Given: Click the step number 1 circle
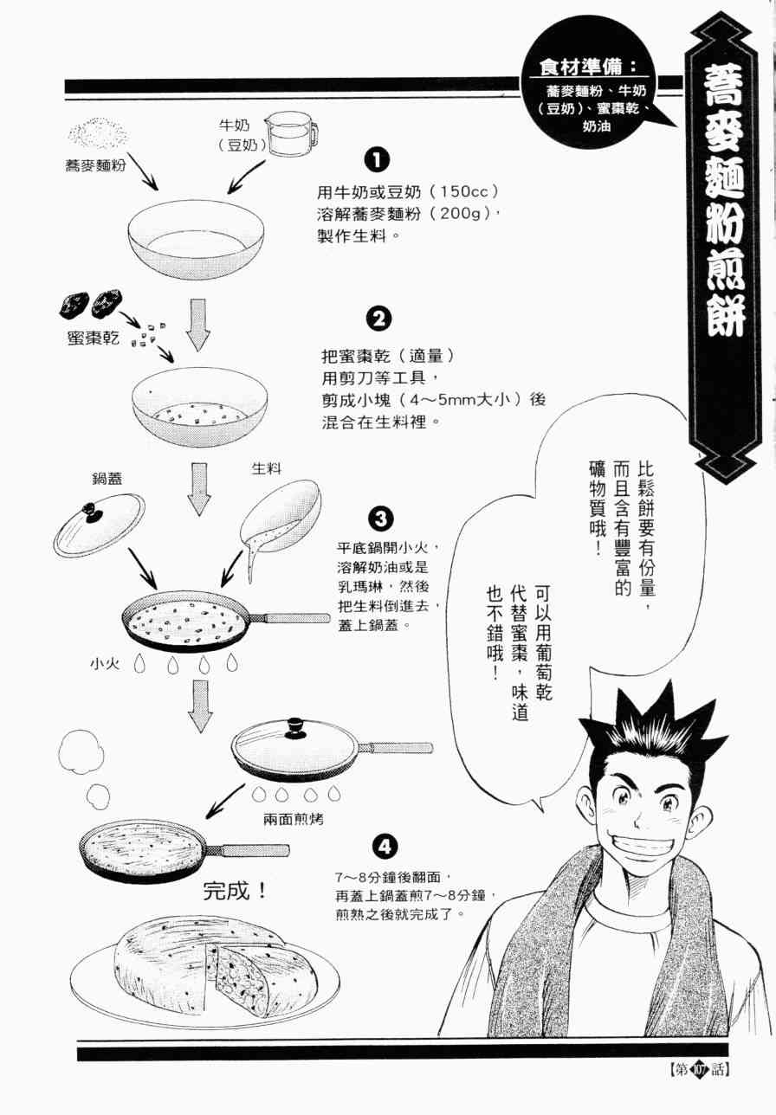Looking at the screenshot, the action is (x=377, y=160).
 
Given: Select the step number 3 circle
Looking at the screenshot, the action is (x=380, y=519).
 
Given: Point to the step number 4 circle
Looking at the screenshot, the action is (x=385, y=847).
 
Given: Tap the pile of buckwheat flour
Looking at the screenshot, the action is (x=99, y=135).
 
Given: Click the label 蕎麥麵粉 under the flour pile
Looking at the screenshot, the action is (x=95, y=165).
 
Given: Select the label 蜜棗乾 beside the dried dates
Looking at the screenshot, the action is (x=94, y=338).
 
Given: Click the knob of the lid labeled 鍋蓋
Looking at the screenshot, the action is (x=91, y=512).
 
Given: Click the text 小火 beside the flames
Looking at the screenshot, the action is (x=105, y=663).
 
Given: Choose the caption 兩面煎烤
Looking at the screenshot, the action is (x=294, y=819).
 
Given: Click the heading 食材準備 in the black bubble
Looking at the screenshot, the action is (x=588, y=68).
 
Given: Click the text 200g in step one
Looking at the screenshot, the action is (x=462, y=214).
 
